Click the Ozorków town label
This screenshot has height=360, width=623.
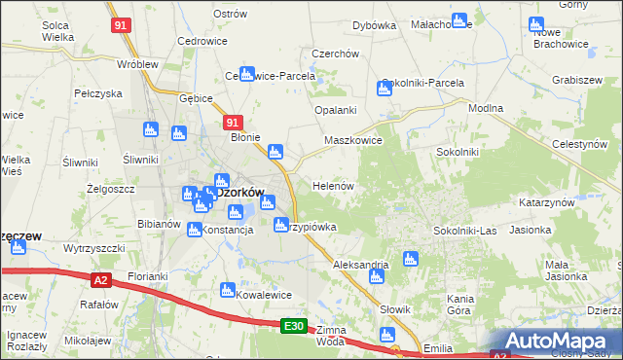237,192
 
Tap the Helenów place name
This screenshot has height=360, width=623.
331,185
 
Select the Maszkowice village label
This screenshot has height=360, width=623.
352,140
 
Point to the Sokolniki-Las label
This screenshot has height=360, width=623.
465,231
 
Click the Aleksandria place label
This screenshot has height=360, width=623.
360,265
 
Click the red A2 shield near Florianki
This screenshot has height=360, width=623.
100,280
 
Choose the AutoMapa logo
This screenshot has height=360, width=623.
556,341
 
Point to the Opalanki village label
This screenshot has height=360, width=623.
335,111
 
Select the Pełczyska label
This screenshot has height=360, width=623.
97,93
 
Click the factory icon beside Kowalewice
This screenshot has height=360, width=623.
228,290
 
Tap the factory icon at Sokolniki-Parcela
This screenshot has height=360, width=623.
385,89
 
